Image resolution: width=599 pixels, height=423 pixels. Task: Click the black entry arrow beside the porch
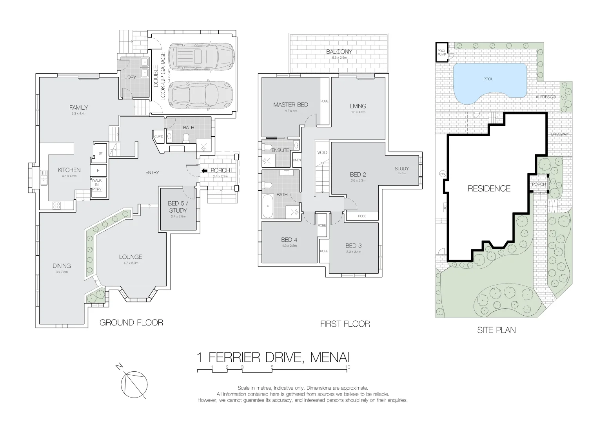204,170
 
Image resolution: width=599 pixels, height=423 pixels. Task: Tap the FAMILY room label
78,107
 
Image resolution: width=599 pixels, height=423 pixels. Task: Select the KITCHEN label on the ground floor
69,170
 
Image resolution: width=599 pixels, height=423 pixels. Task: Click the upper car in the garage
200,57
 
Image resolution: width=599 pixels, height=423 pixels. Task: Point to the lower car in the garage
200,94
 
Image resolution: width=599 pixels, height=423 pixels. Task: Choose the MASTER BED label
290,105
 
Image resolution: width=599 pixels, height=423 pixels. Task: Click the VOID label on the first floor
322,152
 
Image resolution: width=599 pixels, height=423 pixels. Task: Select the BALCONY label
339,51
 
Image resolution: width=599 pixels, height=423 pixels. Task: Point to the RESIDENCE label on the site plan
489,188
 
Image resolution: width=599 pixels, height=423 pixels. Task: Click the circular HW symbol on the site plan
443,174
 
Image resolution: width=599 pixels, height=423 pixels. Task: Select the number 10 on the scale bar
348,367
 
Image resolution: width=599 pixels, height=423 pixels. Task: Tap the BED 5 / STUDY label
178,207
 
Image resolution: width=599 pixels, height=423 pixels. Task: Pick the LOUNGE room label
131,257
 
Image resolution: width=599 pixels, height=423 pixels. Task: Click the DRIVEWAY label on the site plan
559,134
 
